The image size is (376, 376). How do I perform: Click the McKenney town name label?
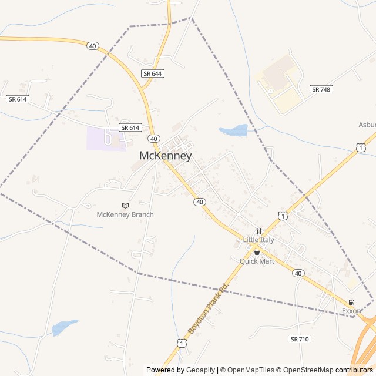tap(166, 156)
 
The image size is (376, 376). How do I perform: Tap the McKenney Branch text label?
tap(125, 214)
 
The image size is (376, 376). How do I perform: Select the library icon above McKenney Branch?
tap(125, 205)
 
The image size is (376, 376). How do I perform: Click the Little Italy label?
tap(258, 240)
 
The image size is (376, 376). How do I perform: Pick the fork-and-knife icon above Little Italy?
tap(258, 231)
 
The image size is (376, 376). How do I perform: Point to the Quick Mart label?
tap(257, 261)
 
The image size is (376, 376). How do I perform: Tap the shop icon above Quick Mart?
tap(257, 252)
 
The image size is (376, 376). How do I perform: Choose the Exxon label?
tap(351, 310)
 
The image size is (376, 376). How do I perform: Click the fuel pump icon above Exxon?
tap(351, 302)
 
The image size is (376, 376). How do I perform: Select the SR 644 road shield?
tap(153, 73)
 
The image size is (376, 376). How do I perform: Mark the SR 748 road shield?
tap(321, 89)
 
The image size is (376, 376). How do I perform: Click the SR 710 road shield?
tap(300, 339)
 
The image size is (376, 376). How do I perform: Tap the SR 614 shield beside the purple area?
tap(130, 127)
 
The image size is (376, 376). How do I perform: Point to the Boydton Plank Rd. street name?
tap(207, 308)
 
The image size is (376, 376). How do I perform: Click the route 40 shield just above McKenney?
tap(153, 139)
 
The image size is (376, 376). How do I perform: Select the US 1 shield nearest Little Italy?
tap(283, 216)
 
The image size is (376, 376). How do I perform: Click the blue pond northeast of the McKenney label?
tap(234, 130)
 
